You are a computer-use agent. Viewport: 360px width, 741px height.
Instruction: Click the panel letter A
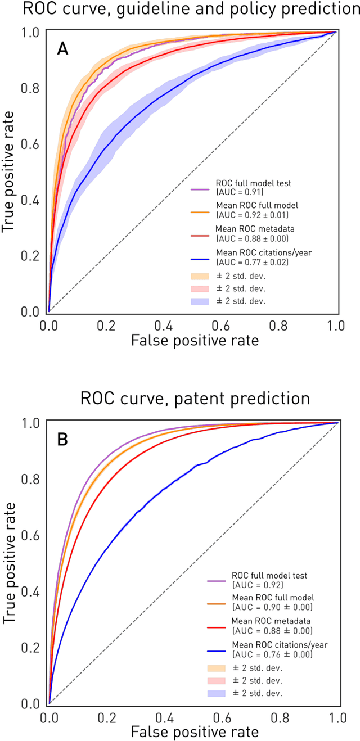point(63,49)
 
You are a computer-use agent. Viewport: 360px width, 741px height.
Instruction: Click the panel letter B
point(63,440)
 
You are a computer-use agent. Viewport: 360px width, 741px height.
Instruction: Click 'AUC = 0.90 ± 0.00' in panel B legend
point(273,607)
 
